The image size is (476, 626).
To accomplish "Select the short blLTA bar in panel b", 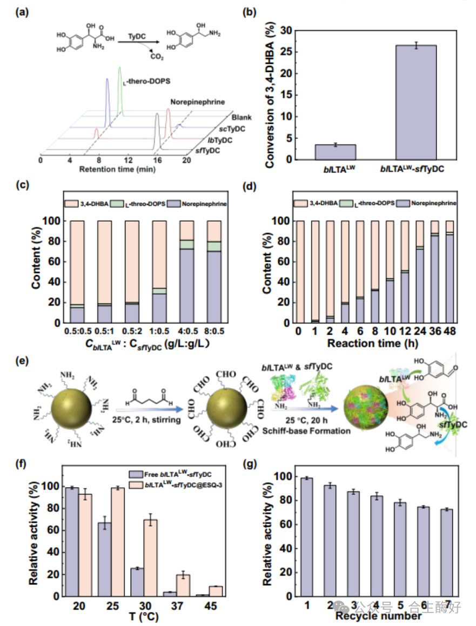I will click(x=336, y=152).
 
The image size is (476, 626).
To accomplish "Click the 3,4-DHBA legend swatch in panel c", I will click(x=70, y=203).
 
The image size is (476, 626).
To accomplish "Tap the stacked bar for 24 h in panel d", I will click(x=405, y=272).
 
